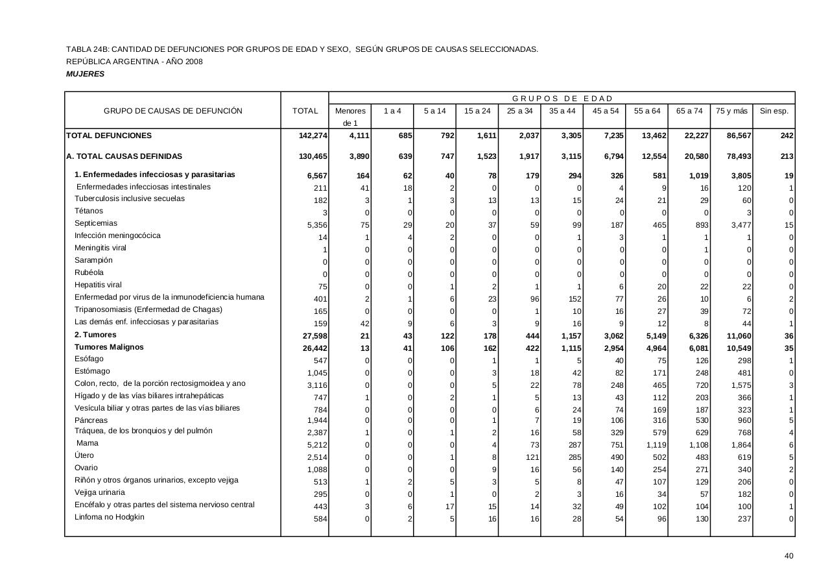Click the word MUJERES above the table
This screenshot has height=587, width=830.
pos(85,74)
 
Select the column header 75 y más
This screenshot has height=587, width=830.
pos(731,111)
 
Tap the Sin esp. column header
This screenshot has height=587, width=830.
pos(774,111)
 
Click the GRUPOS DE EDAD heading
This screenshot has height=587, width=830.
pos(562,99)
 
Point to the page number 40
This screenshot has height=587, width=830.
pos(788,556)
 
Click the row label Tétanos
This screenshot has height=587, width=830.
pos(89,211)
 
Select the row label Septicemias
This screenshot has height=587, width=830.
pos(96,223)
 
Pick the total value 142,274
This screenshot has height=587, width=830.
pos(313,136)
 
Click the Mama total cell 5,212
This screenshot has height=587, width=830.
pos(317,446)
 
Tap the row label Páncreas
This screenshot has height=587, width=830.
pos(91,420)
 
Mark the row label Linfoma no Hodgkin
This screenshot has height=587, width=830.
pos(110,517)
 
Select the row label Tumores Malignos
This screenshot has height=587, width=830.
pos(109,347)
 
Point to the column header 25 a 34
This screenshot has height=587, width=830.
pos(519,111)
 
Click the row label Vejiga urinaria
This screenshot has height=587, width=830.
pos(100,492)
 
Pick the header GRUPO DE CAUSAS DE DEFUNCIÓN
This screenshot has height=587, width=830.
pos(173,111)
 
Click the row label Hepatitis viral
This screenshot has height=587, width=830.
pos(98,285)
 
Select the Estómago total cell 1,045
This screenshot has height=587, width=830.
pos(317,373)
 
